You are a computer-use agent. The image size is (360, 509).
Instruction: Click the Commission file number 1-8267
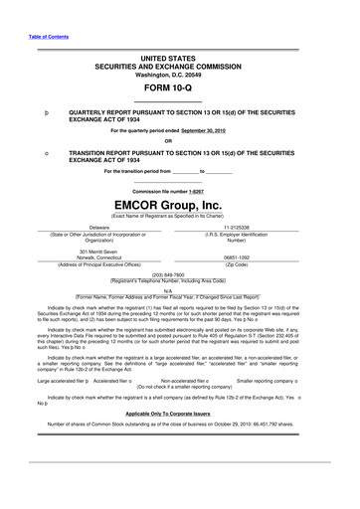pyautogui.click(x=202, y=191)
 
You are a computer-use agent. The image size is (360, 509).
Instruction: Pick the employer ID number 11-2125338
pyautogui.click(x=236, y=228)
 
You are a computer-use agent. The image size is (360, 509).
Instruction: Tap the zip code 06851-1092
pyautogui.click(x=237, y=257)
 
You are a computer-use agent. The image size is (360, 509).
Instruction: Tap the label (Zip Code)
pyautogui.click(x=237, y=264)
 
